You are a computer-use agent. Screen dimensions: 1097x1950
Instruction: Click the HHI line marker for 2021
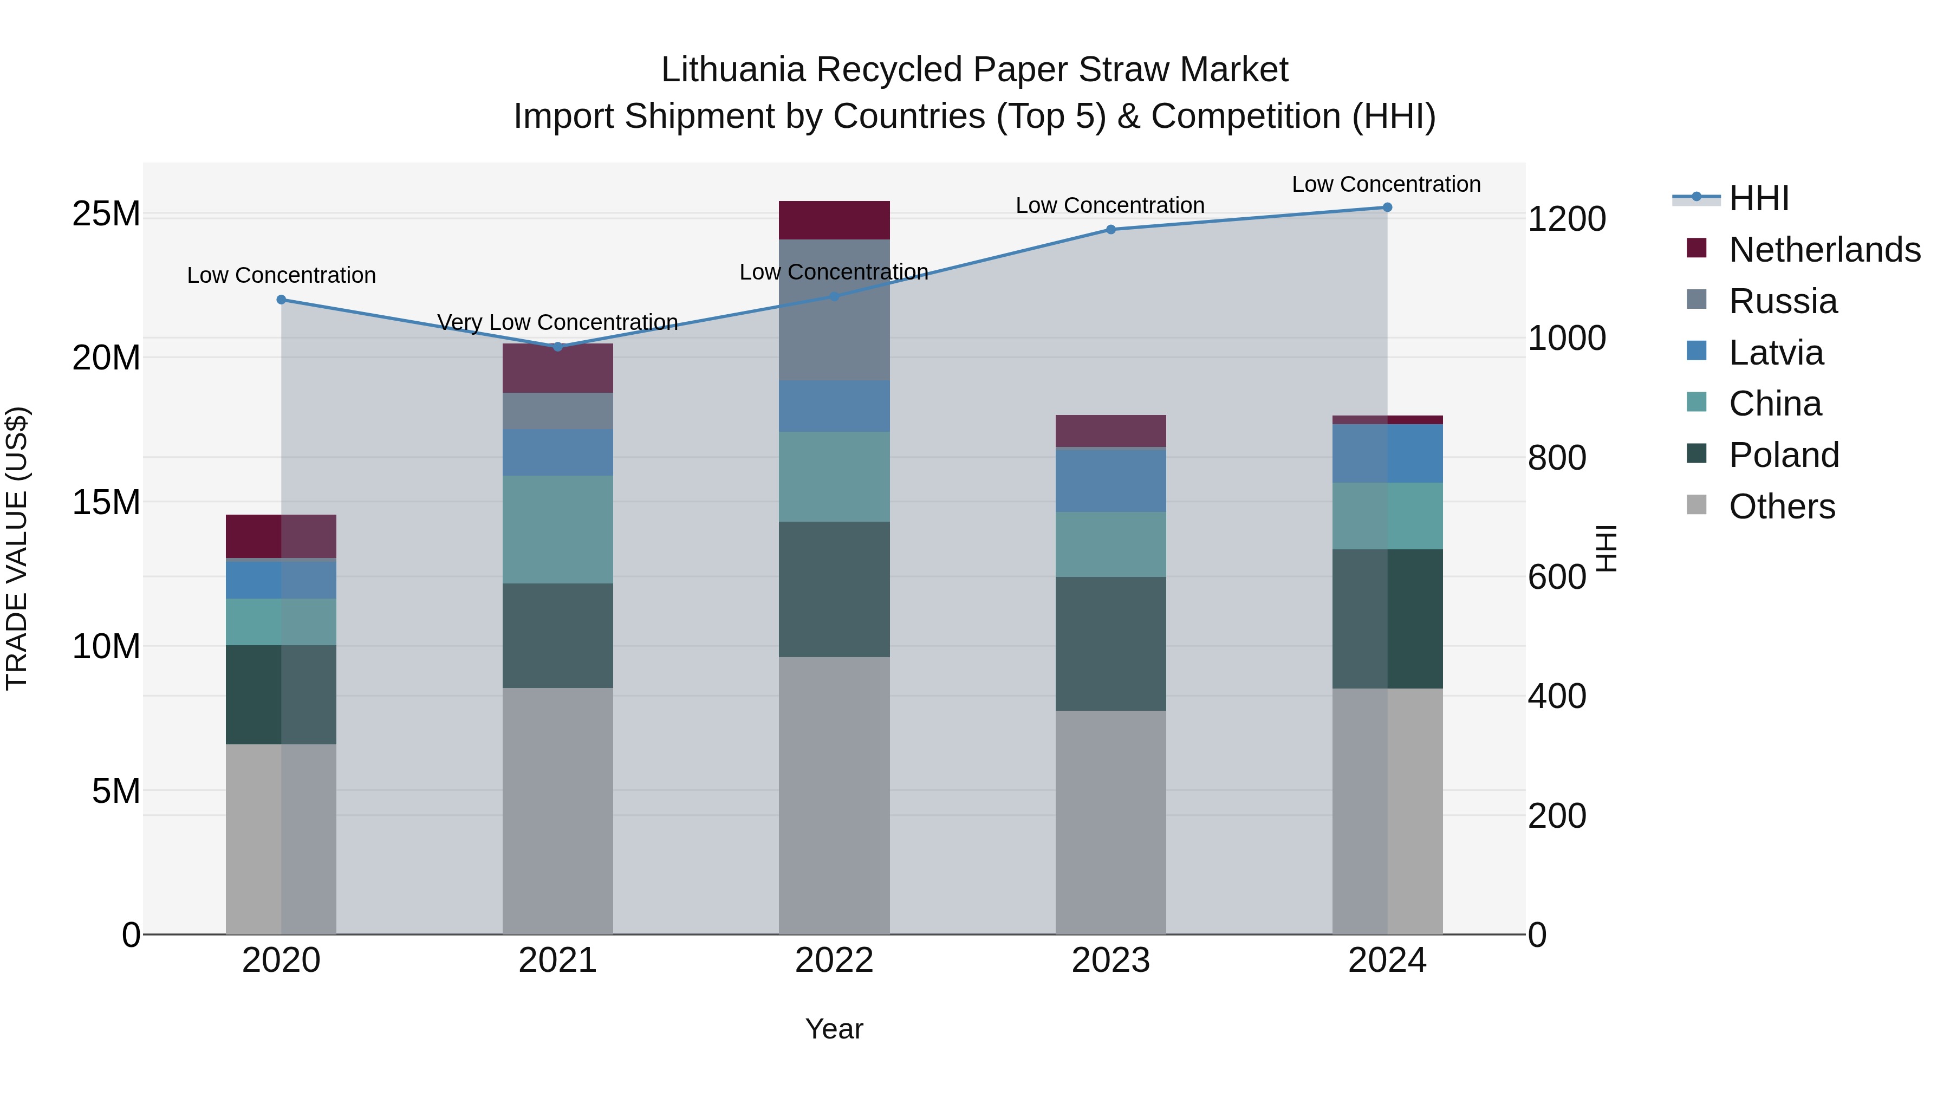click(558, 347)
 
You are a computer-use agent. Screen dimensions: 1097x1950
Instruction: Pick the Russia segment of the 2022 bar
click(834, 310)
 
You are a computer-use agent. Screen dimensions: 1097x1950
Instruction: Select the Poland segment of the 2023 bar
click(1110, 644)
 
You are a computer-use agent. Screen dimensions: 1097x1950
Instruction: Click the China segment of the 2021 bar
click(558, 529)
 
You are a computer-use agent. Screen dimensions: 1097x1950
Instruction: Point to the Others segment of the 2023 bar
click(1110, 821)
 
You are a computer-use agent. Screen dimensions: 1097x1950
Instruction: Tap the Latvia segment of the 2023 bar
click(1110, 481)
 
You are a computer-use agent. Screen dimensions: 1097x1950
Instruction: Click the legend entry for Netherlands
click(1824, 250)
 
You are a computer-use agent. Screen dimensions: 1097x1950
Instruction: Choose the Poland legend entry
click(1784, 455)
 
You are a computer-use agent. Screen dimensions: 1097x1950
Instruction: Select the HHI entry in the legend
click(1758, 198)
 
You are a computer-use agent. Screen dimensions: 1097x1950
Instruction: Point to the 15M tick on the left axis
click(106, 502)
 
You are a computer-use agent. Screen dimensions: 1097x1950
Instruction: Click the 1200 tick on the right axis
click(1566, 219)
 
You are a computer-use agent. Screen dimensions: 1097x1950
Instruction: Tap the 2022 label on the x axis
click(834, 960)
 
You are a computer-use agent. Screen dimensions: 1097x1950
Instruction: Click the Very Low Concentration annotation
click(558, 322)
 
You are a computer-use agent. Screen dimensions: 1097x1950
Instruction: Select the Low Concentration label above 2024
click(1386, 184)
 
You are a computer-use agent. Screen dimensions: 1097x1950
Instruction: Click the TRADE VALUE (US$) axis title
click(17, 548)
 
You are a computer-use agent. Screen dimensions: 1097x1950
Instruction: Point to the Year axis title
click(834, 1029)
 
